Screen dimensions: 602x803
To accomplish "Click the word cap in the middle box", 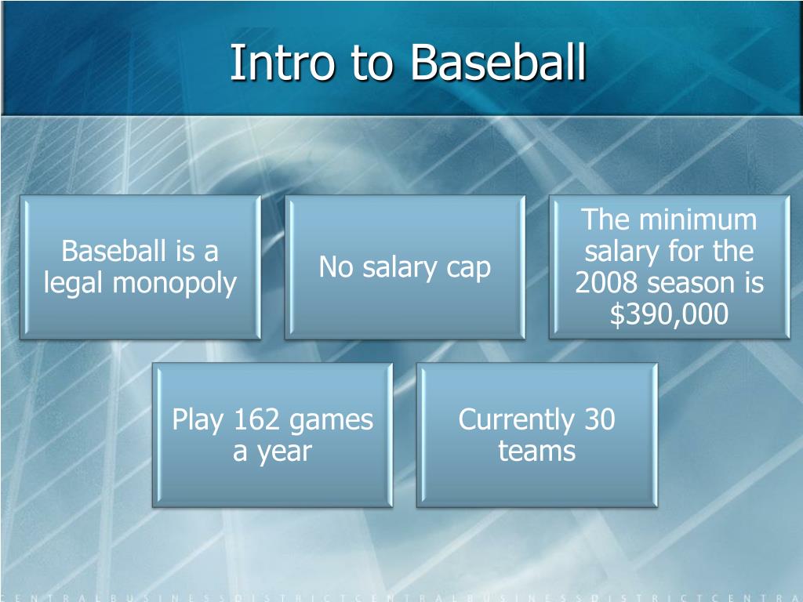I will pyautogui.click(x=469, y=268).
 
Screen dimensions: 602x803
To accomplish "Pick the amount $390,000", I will pyautogui.click(x=669, y=314).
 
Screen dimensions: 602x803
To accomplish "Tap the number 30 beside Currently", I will pyautogui.click(x=599, y=420).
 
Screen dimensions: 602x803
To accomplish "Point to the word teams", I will pyautogui.click(x=536, y=451).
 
